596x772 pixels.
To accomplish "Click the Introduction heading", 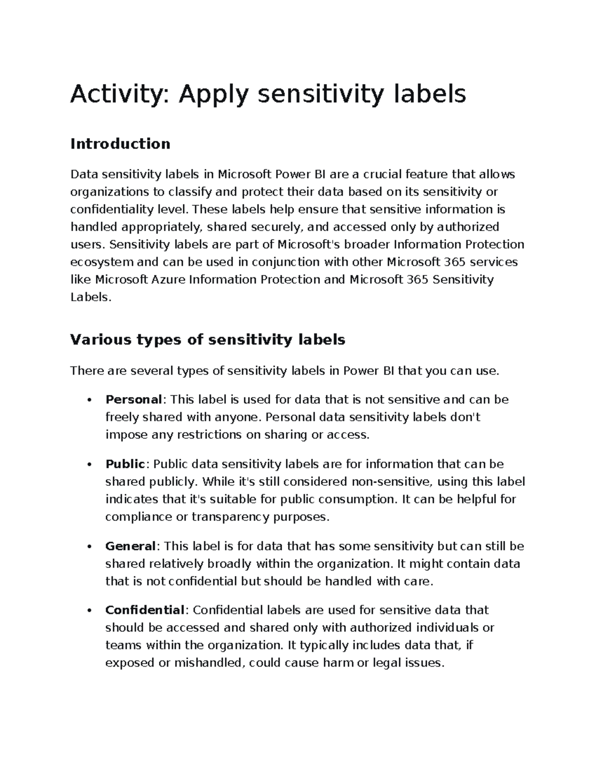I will click(x=120, y=144).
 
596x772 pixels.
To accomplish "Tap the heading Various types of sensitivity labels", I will click(x=208, y=340).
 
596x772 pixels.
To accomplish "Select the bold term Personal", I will click(x=134, y=400).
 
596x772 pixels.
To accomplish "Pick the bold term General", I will click(x=131, y=546).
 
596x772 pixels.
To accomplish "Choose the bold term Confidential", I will click(x=145, y=610).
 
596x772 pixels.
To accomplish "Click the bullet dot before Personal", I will click(x=89, y=400).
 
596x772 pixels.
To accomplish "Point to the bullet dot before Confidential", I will click(x=89, y=611).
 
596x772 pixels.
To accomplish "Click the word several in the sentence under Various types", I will click(x=149, y=371).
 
